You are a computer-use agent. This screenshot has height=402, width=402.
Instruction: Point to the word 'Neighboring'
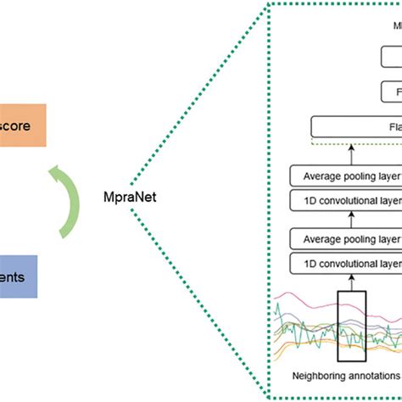(309, 375)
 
